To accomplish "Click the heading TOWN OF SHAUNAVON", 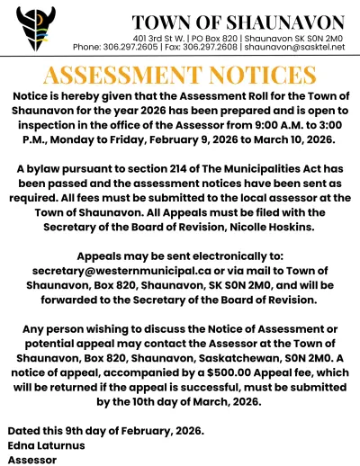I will (x=238, y=22).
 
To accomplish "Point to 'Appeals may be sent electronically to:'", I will (x=180, y=255).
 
